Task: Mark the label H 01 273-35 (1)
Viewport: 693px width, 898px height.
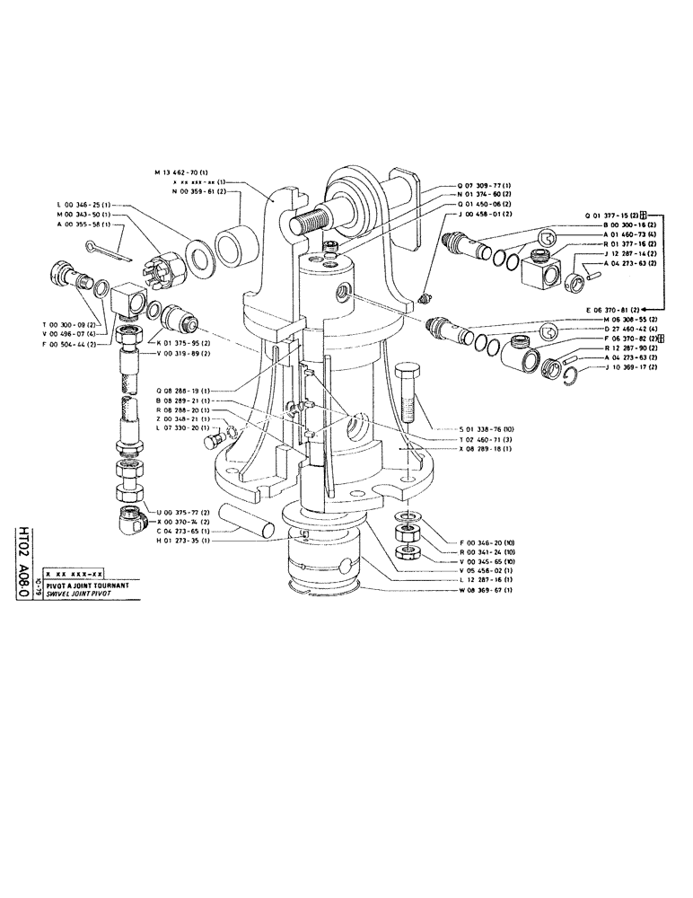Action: click(182, 541)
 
